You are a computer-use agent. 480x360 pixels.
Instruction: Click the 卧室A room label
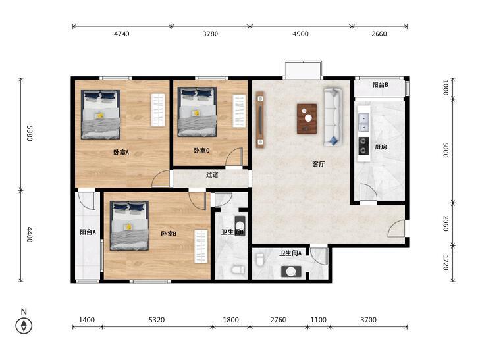tap(121, 152)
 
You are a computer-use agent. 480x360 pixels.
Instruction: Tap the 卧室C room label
tap(201, 151)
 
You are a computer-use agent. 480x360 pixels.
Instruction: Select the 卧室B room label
tap(169, 234)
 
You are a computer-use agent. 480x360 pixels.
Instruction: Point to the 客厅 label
tap(319, 164)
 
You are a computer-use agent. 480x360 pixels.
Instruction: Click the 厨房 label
tap(381, 147)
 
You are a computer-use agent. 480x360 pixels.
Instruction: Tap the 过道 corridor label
tap(212, 175)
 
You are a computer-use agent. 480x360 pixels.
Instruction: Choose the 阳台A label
tap(88, 232)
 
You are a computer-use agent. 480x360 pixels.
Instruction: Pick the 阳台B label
tap(381, 85)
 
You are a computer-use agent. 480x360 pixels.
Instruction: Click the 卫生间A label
tap(290, 253)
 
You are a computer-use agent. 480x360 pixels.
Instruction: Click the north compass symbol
tap(24, 326)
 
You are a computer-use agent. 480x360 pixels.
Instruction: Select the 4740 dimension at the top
tap(122, 34)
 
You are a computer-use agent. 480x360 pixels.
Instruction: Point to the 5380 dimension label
tap(30, 133)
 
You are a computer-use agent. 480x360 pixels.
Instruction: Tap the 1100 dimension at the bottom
tap(319, 320)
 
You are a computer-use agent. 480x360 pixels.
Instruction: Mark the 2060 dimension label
tap(446, 224)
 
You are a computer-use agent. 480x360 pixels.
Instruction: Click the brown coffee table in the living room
tap(307, 118)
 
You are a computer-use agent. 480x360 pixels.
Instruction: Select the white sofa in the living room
tap(333, 117)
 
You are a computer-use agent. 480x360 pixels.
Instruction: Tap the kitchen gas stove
tap(363, 145)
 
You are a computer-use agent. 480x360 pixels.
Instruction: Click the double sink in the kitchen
tap(363, 122)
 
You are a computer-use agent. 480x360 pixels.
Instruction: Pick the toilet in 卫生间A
tap(260, 260)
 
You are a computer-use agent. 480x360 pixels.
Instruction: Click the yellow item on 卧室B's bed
tap(128, 226)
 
